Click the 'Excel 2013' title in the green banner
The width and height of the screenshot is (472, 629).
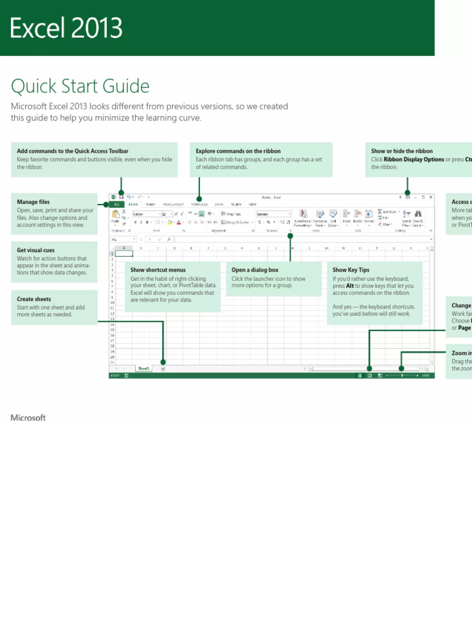click(x=66, y=29)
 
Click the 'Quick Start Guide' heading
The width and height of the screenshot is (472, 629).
click(x=80, y=85)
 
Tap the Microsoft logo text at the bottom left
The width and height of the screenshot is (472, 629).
click(x=28, y=418)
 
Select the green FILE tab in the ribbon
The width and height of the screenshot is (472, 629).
click(x=116, y=204)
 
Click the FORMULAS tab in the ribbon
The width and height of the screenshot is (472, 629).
click(x=199, y=204)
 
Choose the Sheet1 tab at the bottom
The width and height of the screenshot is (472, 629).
click(x=144, y=369)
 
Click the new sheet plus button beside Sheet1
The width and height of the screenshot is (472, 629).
click(x=163, y=369)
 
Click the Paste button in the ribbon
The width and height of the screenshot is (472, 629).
click(x=115, y=216)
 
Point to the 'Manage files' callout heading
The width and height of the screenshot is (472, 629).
click(x=33, y=202)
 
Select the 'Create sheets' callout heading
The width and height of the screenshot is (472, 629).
click(x=34, y=299)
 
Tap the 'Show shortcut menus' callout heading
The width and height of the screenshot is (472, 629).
click(x=158, y=270)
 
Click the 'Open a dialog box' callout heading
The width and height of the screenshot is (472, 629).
click(x=254, y=270)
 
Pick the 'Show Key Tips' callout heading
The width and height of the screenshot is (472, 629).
click(x=351, y=270)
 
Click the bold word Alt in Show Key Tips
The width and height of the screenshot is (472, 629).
click(x=350, y=286)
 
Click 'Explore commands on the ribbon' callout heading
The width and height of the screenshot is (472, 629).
click(x=238, y=151)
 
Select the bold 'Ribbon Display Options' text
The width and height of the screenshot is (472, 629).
click(x=414, y=159)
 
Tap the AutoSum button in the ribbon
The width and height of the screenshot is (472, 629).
click(x=390, y=211)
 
